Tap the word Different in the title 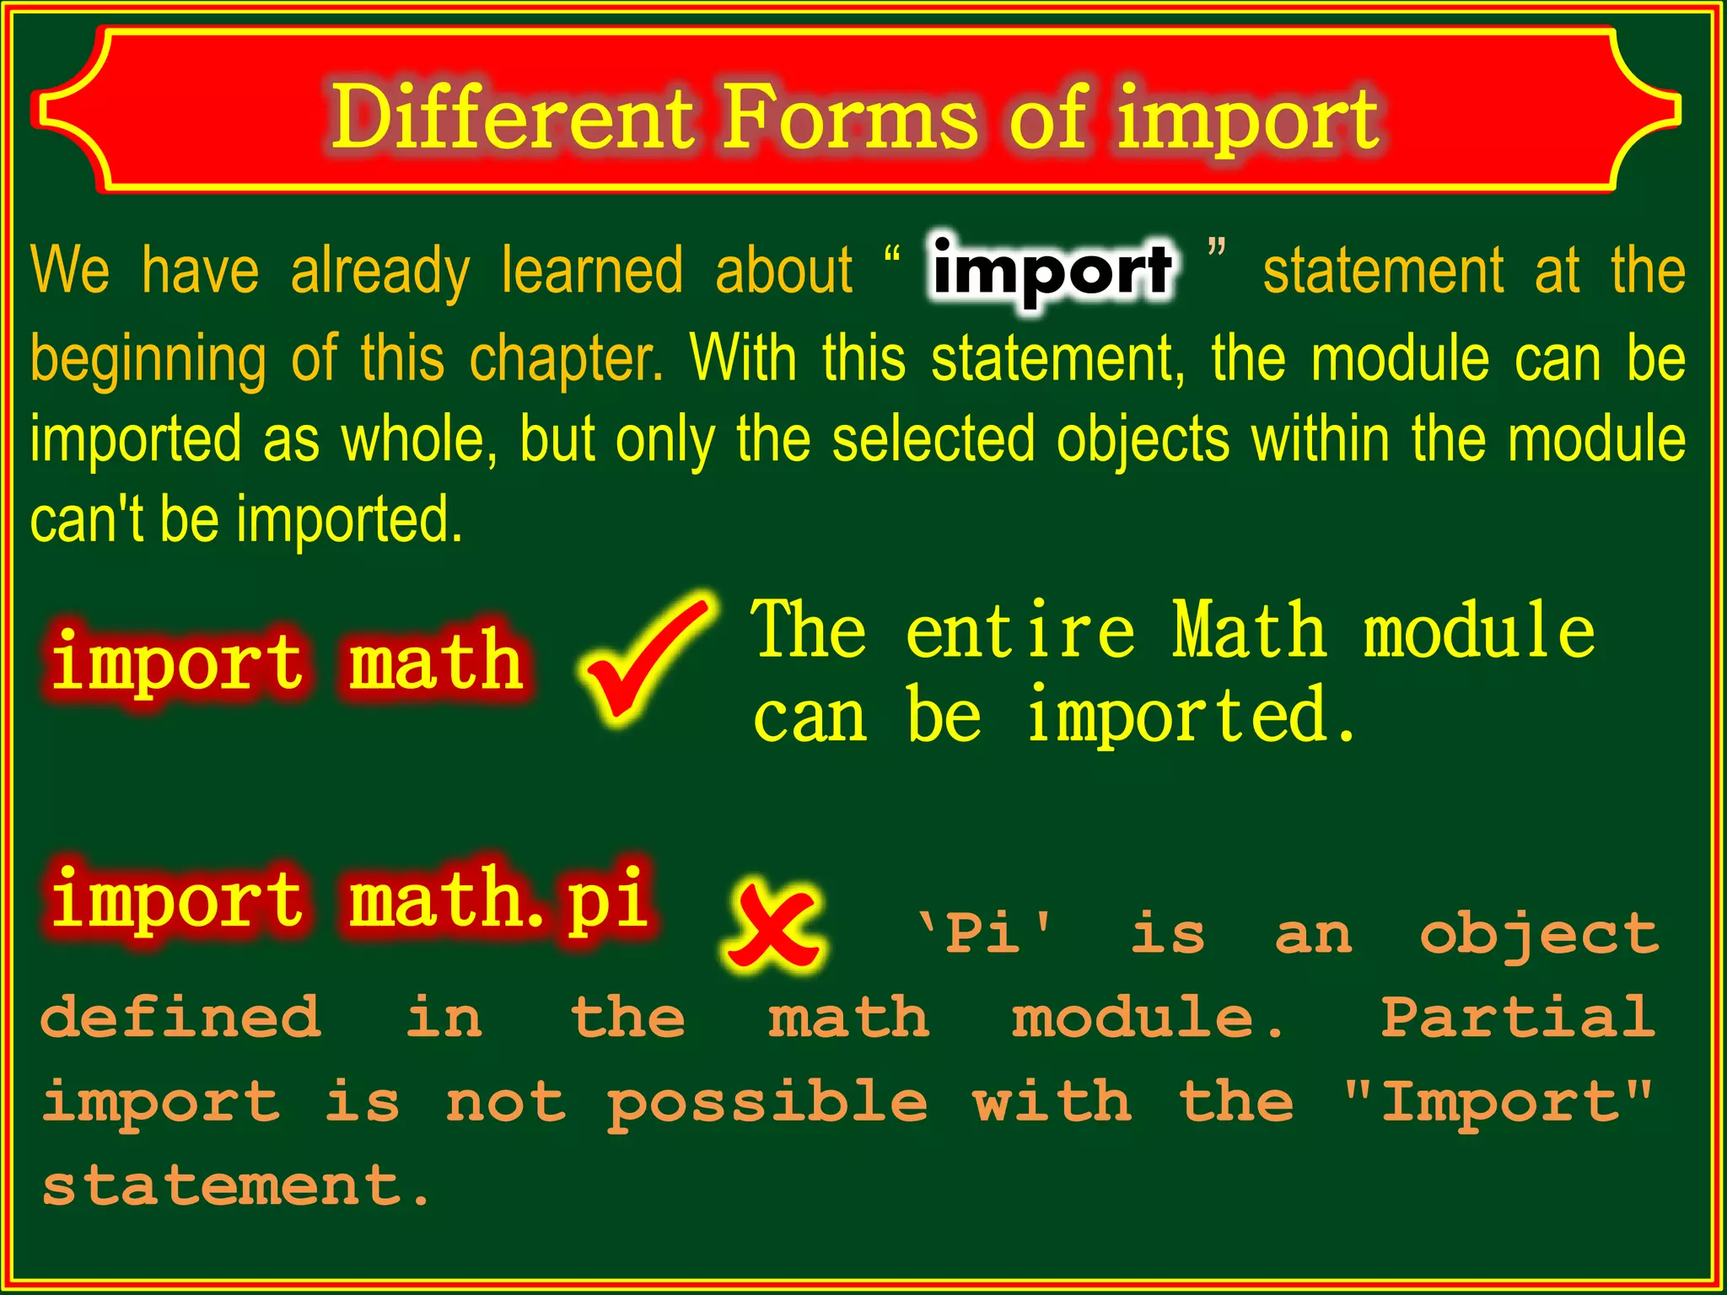pyautogui.click(x=512, y=117)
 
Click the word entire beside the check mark pyautogui.click(x=1020, y=631)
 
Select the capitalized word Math pyautogui.click(x=1249, y=631)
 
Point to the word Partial pyautogui.click(x=1518, y=1017)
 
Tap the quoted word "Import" pyautogui.click(x=1498, y=1101)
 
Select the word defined pyautogui.click(x=180, y=1017)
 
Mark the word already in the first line pyautogui.click(x=379, y=271)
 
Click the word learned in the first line pyautogui.click(x=592, y=271)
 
